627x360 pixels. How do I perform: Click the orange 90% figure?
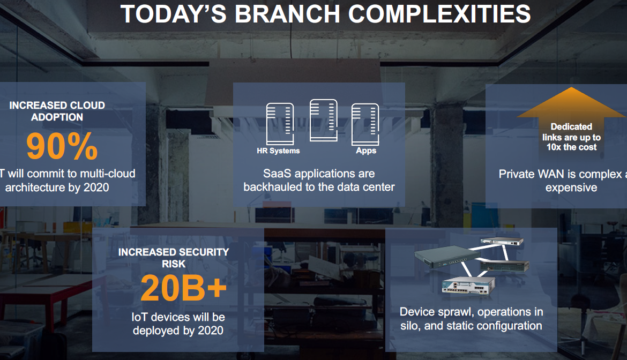click(62, 146)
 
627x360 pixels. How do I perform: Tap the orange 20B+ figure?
click(183, 288)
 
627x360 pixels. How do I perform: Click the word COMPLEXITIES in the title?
click(439, 14)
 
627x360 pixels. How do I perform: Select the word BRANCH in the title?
click(287, 14)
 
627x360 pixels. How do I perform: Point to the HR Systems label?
click(278, 151)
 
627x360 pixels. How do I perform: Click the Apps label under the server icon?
click(366, 151)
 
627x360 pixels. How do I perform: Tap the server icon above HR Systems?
click(280, 124)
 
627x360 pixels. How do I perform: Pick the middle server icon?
click(324, 120)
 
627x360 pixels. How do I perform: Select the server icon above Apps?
click(365, 124)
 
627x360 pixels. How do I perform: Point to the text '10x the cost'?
click(571, 147)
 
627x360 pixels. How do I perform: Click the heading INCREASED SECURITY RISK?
click(174, 258)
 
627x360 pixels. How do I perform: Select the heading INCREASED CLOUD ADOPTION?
click(57, 111)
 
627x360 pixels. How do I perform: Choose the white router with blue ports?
click(468, 286)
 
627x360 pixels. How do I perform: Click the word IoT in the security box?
click(139, 317)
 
